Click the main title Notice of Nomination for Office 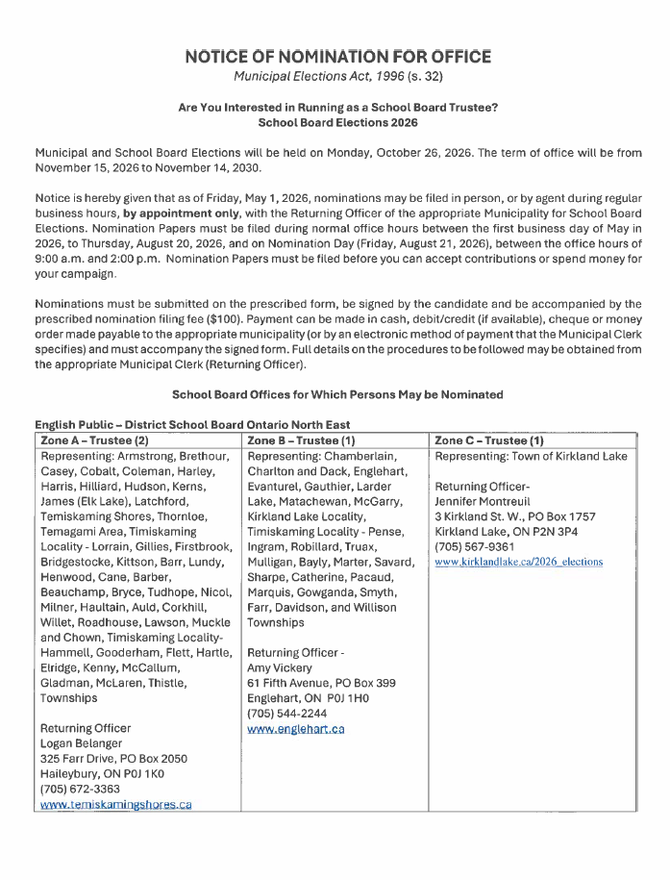pyautogui.click(x=337, y=57)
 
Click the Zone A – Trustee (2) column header pyautogui.click(x=94, y=440)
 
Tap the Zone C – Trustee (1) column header pyautogui.click(x=489, y=440)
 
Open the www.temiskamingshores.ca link pyautogui.click(x=115, y=804)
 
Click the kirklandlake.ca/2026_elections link pyautogui.click(x=519, y=562)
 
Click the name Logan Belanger pyautogui.click(x=82, y=743)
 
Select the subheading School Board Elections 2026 pyautogui.click(x=337, y=123)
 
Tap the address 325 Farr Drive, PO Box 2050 pyautogui.click(x=113, y=759)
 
